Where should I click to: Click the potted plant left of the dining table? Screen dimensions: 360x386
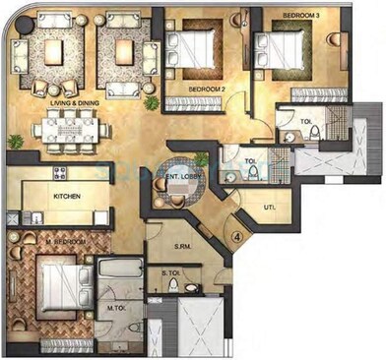click(14, 143)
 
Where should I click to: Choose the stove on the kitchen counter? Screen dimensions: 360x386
click(59, 173)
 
